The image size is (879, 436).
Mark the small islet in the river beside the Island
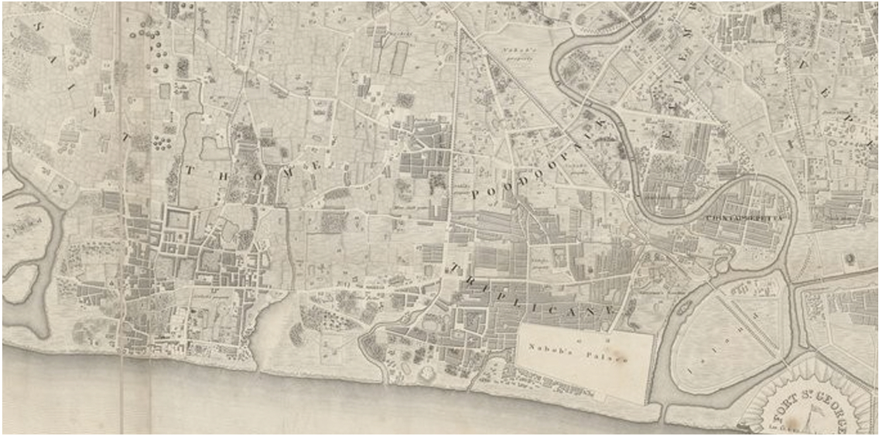(722, 265)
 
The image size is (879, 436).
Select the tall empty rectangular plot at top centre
(399, 58)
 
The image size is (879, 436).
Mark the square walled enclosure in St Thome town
(177, 221)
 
